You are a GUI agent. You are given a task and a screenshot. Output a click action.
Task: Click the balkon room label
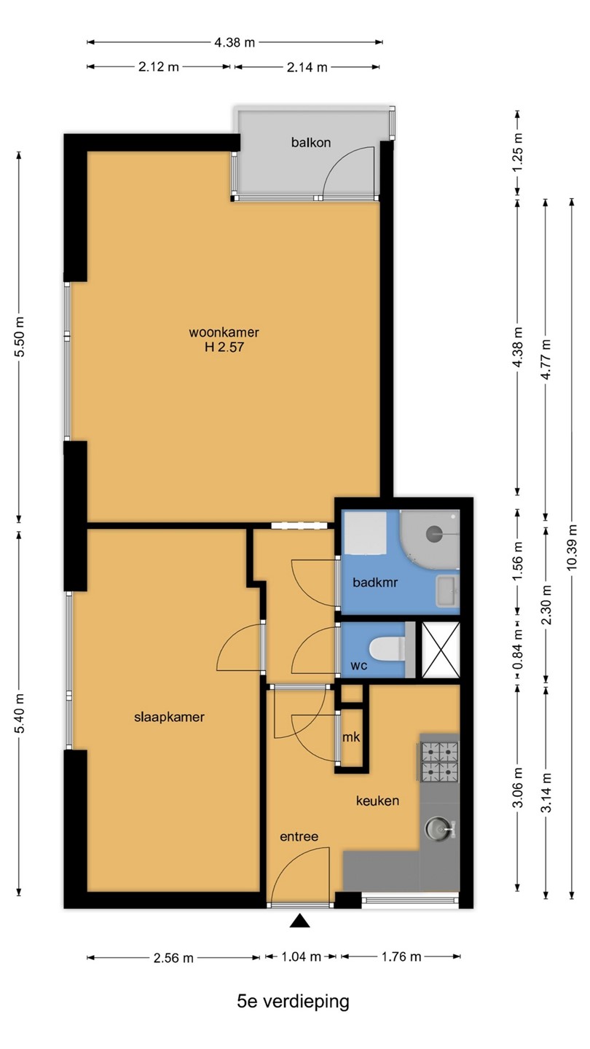click(x=311, y=142)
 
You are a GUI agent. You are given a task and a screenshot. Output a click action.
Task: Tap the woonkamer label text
click(x=224, y=332)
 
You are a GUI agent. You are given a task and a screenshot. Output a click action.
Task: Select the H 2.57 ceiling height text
click(x=224, y=347)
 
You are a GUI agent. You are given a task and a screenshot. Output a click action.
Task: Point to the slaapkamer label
click(x=169, y=717)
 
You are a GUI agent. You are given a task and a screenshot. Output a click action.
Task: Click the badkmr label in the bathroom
click(x=375, y=583)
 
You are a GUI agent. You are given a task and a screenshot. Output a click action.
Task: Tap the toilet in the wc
click(x=387, y=648)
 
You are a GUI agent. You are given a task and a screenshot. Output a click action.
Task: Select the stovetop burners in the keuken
click(x=440, y=763)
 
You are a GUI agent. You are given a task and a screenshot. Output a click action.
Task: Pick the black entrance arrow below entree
click(x=299, y=922)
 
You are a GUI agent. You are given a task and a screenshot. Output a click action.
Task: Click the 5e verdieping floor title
click(x=293, y=1001)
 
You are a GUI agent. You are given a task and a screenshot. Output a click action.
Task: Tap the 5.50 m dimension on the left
click(x=19, y=337)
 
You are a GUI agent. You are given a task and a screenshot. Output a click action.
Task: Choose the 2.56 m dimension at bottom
click(x=173, y=958)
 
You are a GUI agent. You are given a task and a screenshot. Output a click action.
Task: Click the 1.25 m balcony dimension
click(x=517, y=153)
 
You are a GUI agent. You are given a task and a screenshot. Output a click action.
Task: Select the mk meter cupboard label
click(x=351, y=737)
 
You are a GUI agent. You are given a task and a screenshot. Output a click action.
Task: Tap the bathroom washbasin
click(x=448, y=591)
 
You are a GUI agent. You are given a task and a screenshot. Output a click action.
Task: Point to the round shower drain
click(x=434, y=533)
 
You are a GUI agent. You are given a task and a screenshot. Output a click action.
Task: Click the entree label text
click(x=299, y=836)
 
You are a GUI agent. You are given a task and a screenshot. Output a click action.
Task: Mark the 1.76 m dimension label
click(x=401, y=956)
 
